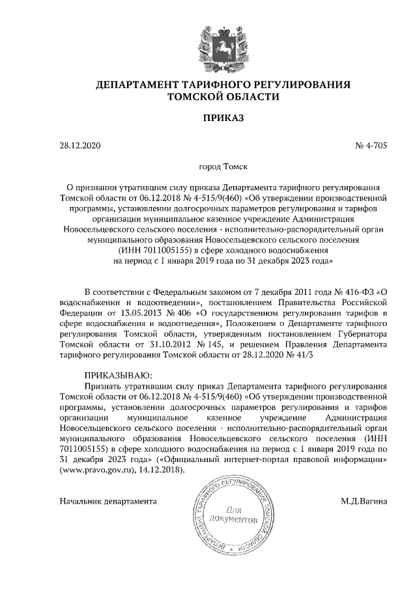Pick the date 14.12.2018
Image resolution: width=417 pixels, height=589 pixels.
[163, 469]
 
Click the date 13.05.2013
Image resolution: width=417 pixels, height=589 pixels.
[128, 312]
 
